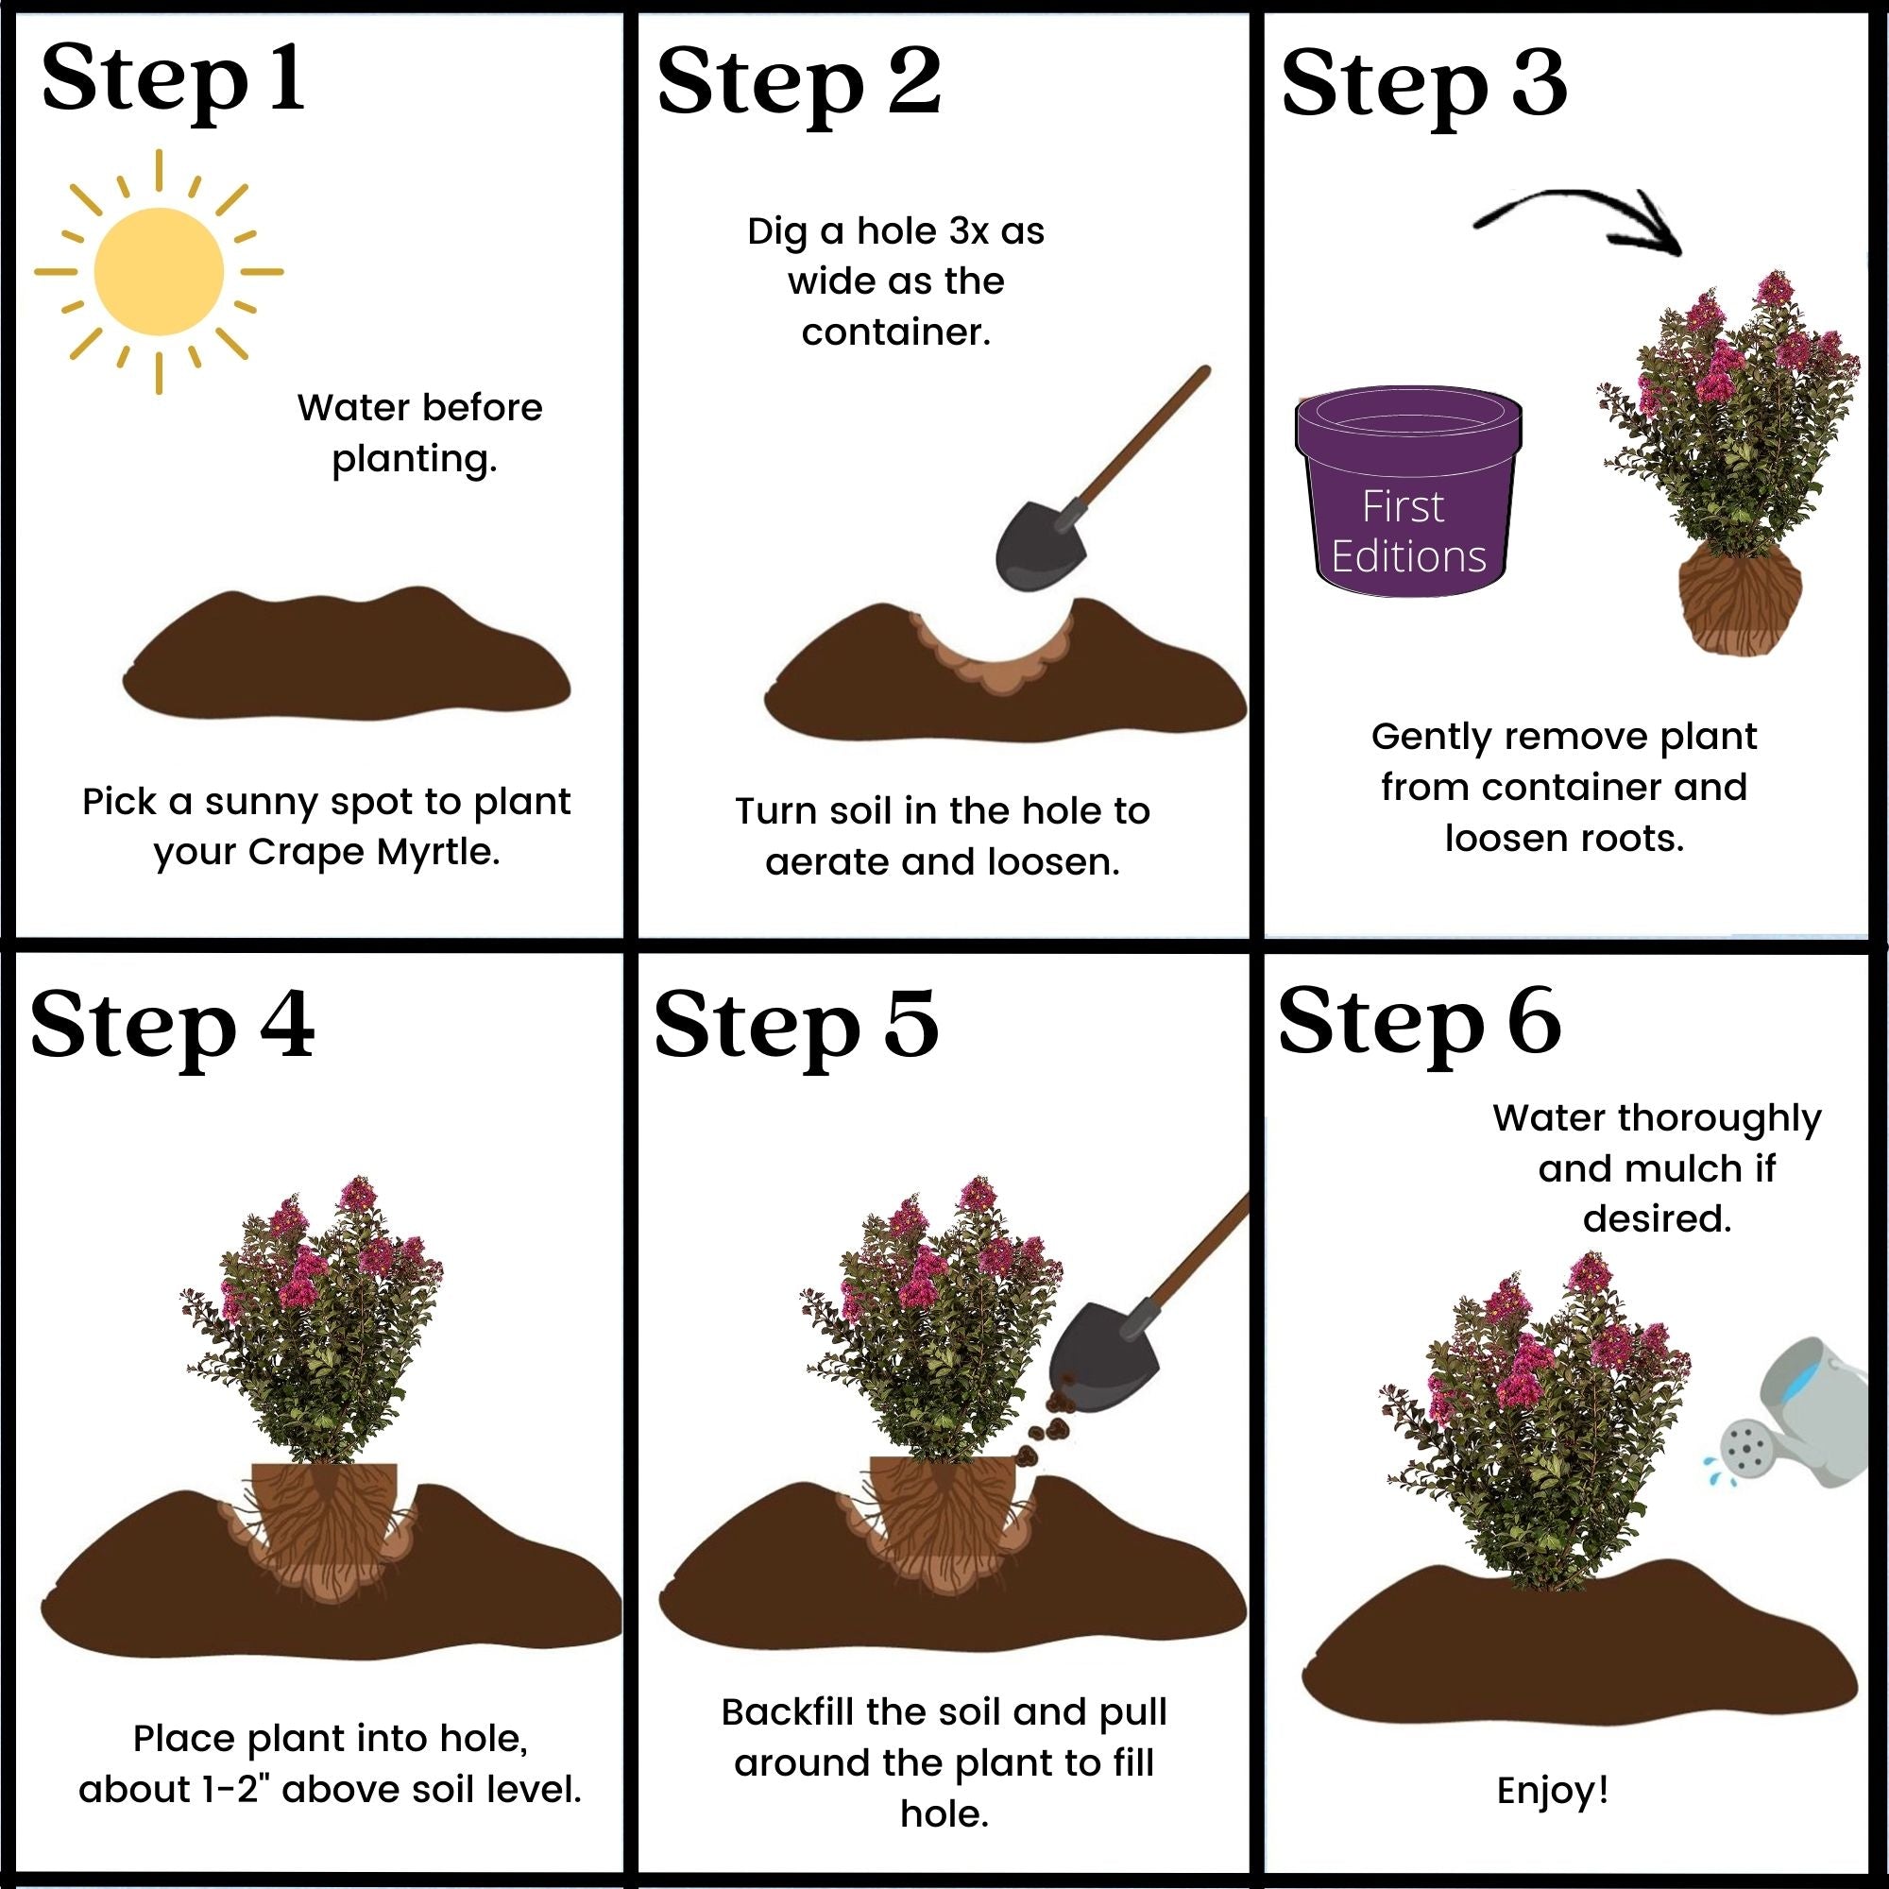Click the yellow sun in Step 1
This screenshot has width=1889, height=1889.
[159, 272]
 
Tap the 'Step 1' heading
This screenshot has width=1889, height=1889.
[173, 80]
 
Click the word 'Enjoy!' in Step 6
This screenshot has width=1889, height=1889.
[1553, 1790]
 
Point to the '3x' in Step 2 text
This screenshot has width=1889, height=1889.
[969, 231]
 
